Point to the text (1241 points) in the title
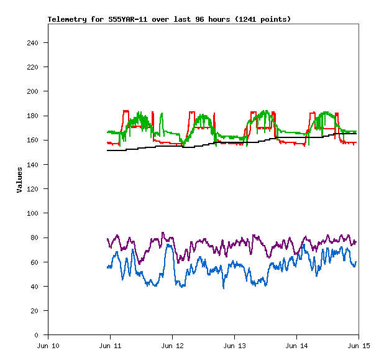pyautogui.click(x=262, y=19)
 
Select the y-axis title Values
pyautogui.click(x=19, y=180)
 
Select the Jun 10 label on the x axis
pyautogui.click(x=48, y=346)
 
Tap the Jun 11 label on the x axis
pyautogui.click(x=110, y=346)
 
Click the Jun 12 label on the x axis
pyautogui.click(x=172, y=346)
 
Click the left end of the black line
pyautogui.click(x=107, y=150)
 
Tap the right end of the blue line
pyautogui.click(x=356, y=262)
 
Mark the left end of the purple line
pyautogui.click(x=107, y=239)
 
